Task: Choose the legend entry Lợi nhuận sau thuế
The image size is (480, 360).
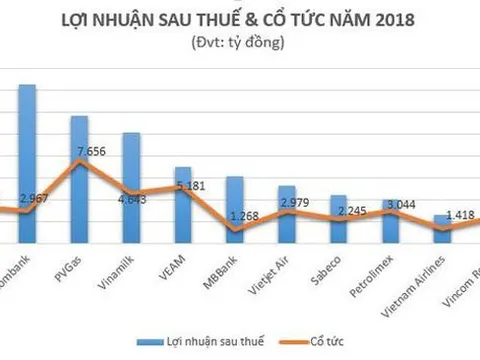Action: tap(218, 339)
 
